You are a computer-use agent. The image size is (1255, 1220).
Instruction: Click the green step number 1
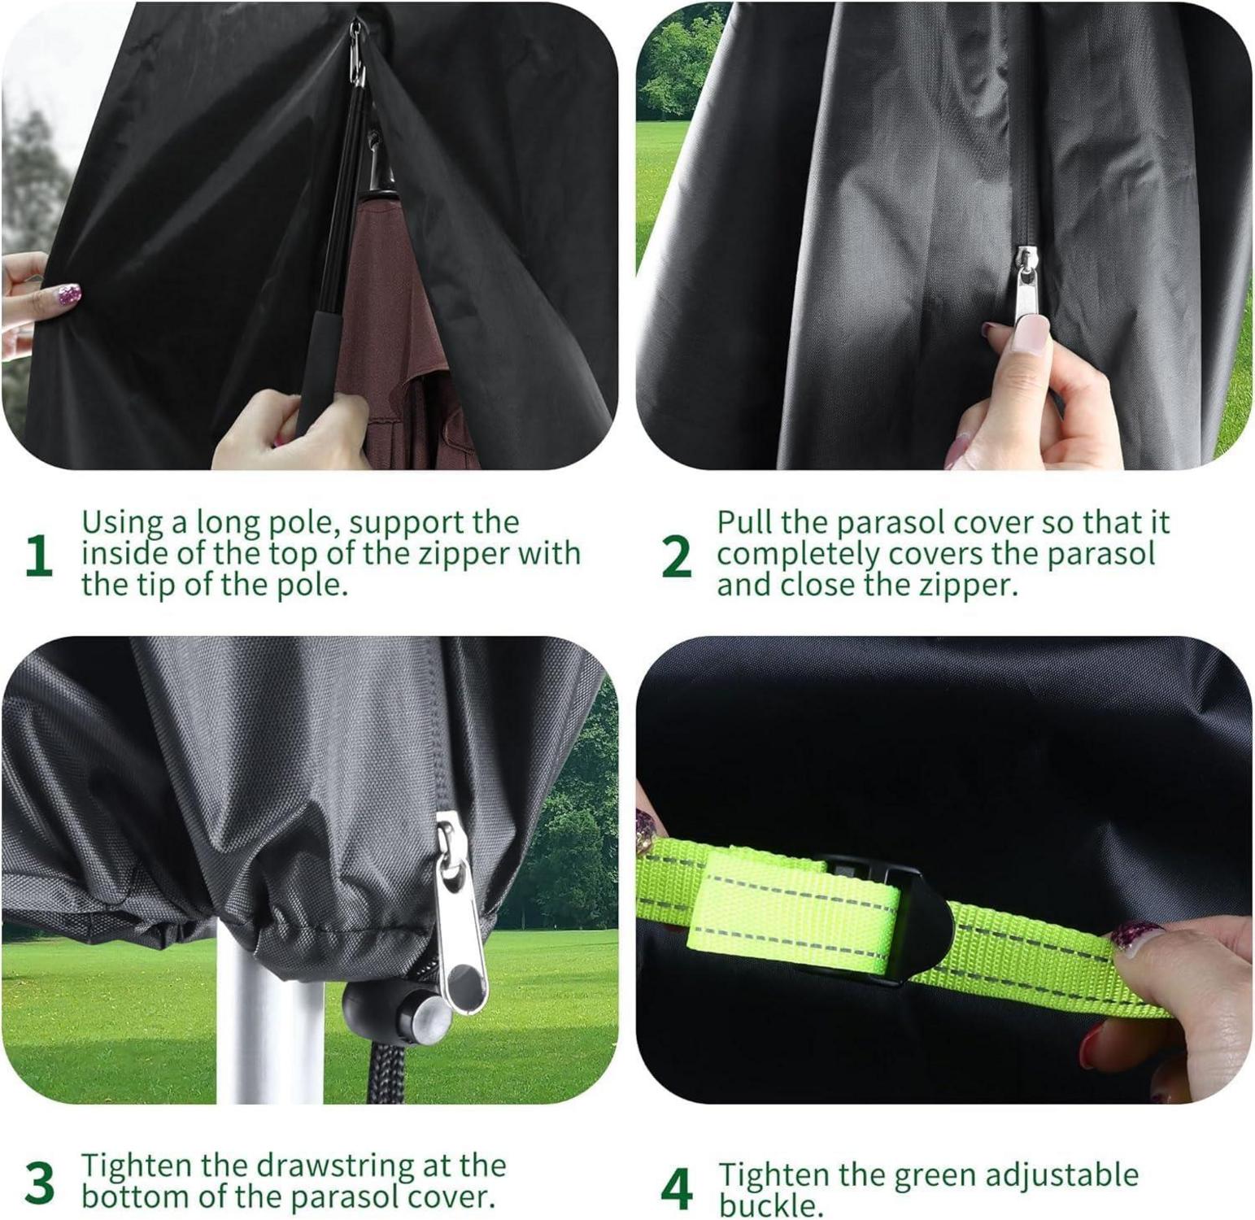point(39,557)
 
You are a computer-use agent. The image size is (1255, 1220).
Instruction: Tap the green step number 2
point(677,557)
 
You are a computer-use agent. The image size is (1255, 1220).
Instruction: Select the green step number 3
point(39,1184)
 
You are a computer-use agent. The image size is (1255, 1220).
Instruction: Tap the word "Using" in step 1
point(124,523)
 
